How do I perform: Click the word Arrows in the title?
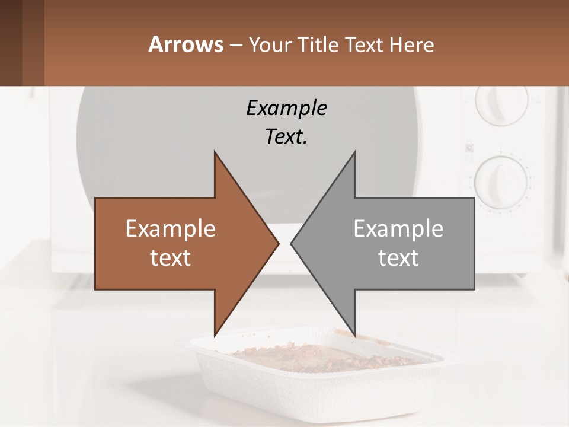[x=186, y=44]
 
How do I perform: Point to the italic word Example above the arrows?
[x=286, y=109]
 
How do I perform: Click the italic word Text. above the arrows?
[x=286, y=137]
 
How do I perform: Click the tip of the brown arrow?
[x=276, y=243]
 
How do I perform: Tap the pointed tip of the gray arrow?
[x=293, y=243]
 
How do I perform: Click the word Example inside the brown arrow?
[x=171, y=229]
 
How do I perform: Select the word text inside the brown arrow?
[x=171, y=258]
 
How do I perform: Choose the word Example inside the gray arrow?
[x=398, y=229]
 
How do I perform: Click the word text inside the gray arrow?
[x=398, y=258]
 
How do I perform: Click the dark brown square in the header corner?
[x=11, y=43]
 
